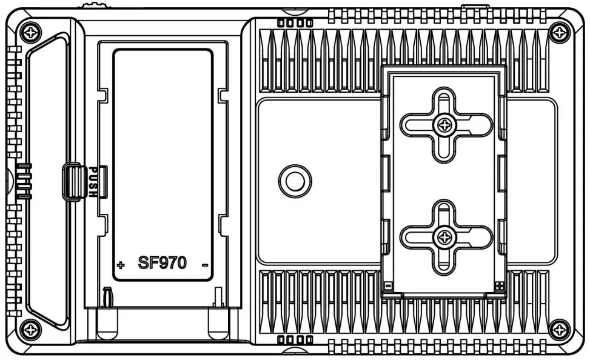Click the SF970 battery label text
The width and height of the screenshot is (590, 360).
(163, 262)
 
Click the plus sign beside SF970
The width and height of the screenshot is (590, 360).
(121, 265)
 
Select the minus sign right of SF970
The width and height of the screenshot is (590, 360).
(204, 265)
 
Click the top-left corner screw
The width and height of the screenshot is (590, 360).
(30, 30)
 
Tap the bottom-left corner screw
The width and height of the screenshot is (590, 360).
(30, 330)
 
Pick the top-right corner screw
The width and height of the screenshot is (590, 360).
(558, 31)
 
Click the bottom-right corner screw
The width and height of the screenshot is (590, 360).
(558, 330)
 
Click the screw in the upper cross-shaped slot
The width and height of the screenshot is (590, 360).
(446, 125)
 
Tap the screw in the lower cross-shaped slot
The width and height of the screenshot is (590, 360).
(446, 236)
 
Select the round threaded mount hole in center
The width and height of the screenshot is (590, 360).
(295, 180)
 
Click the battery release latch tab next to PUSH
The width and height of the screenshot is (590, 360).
(72, 182)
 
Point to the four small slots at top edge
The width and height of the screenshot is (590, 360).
(295, 23)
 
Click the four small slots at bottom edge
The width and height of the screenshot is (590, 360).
(295, 339)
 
